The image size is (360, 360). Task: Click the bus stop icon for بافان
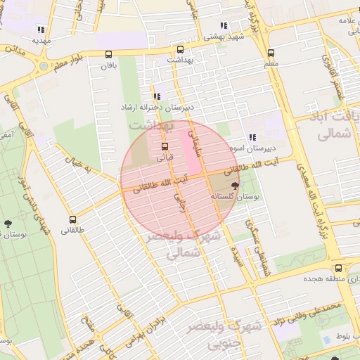coord(108,54)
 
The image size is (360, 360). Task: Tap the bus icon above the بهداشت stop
coord(180,49)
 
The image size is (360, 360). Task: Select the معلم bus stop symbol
coord(271,53)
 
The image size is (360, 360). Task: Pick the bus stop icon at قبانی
coord(165,146)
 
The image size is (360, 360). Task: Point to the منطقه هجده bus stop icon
coord(339,269)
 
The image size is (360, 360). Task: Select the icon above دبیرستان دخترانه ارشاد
coord(156,96)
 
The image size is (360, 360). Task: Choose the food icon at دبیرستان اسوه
coord(251,138)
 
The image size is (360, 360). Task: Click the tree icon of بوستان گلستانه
coord(234,186)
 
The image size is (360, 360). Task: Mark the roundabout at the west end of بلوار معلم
coord(44,67)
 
